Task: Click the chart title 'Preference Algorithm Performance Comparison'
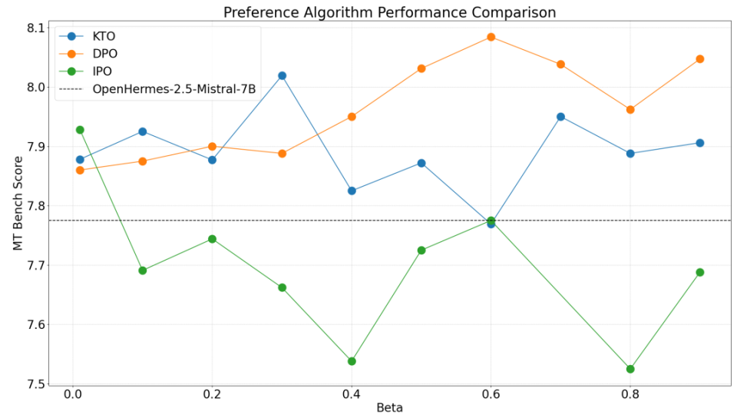389,12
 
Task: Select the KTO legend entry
87,36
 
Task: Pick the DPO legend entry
88,54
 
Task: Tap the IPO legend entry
85,71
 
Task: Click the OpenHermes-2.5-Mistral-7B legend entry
157,89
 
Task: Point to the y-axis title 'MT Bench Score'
18,203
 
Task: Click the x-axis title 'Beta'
390,407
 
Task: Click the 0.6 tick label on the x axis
491,394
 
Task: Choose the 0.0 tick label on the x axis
73,394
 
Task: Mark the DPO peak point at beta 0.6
491,37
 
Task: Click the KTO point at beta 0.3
282,76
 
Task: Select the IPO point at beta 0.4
352,361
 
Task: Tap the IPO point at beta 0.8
630,370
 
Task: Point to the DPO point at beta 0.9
700,59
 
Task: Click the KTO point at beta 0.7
560,117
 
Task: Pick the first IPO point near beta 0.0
80,130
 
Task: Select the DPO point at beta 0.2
212,146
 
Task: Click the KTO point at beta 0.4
352,191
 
